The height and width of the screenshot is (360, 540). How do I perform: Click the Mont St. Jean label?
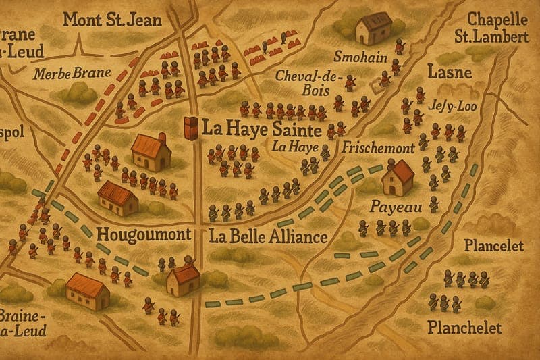(x=111, y=19)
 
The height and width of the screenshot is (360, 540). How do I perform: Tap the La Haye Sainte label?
(x=263, y=127)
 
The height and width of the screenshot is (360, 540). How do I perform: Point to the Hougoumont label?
(x=143, y=236)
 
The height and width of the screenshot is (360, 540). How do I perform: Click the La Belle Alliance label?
(x=267, y=236)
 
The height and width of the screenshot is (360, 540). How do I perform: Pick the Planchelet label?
(x=465, y=328)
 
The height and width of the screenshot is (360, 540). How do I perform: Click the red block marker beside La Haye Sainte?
(x=192, y=128)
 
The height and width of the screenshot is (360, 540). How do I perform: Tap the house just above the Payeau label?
(x=398, y=177)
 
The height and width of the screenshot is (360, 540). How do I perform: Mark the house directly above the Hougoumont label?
(x=118, y=197)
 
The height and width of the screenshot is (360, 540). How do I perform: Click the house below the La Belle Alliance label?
(x=183, y=279)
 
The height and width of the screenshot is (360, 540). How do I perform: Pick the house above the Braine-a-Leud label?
(x=88, y=291)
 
